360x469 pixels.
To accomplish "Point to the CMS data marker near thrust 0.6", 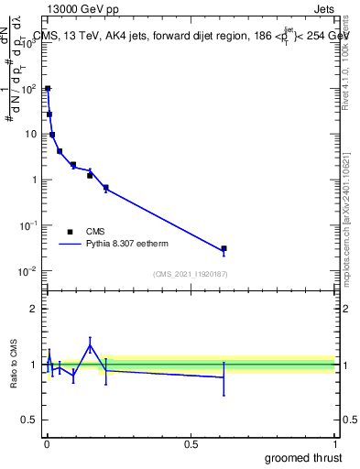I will tap(224, 248).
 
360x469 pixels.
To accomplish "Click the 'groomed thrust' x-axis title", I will tap(304, 457).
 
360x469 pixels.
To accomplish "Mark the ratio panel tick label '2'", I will tap(34, 309).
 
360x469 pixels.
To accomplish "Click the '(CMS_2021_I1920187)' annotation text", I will tap(191, 274).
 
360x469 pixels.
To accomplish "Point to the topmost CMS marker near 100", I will tap(48, 89).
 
